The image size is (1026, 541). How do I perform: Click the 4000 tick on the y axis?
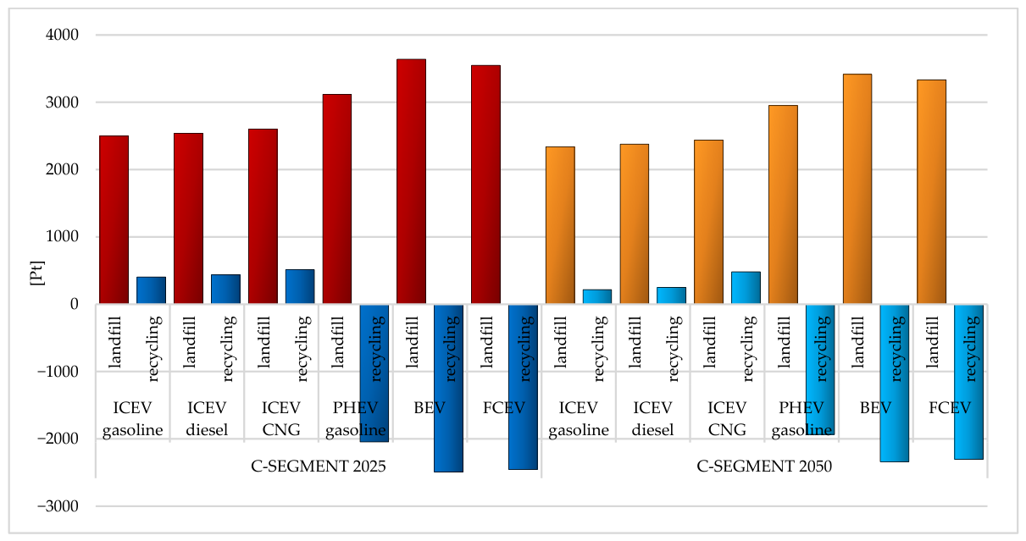[62, 35]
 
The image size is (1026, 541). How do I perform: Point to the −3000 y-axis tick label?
[58, 506]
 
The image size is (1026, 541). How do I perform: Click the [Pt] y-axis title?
[36, 273]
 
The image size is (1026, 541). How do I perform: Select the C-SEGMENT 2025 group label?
[319, 466]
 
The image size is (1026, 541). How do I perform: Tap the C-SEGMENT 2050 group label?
[764, 466]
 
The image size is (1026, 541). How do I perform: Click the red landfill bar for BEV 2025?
[411, 181]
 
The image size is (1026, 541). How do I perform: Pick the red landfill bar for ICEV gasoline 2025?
[114, 219]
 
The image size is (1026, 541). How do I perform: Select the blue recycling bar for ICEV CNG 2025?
[300, 286]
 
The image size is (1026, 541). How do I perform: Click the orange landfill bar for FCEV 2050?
[932, 192]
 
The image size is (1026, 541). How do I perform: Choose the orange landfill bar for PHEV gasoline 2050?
[783, 205]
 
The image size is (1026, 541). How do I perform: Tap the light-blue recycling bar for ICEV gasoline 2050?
[597, 296]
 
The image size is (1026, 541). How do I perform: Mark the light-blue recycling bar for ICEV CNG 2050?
[746, 288]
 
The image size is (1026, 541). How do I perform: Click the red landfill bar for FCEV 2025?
[486, 185]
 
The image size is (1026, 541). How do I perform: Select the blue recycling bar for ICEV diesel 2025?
[226, 290]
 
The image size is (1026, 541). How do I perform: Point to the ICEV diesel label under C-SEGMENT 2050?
[652, 418]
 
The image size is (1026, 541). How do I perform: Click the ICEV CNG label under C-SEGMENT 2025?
[281, 418]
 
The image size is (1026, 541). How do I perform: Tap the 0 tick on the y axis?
[75, 304]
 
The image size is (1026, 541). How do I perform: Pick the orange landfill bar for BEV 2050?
[857, 189]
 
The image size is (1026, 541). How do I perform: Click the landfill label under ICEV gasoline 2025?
[114, 342]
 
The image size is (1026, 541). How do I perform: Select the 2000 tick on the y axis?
[62, 169]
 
